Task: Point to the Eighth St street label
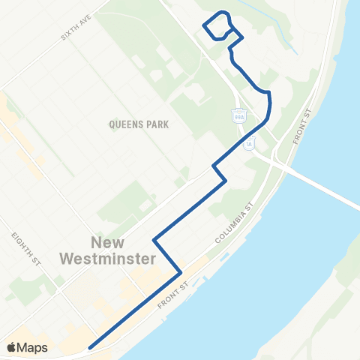point(25,249)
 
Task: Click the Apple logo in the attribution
point(11,347)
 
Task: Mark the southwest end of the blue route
point(90,347)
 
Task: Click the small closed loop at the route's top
point(217,26)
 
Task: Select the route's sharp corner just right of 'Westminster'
point(181,272)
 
